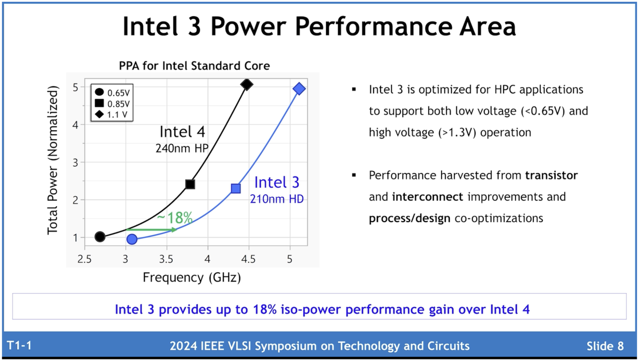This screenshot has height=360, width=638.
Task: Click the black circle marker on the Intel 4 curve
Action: click(100, 237)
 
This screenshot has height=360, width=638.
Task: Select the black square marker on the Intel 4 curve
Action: click(190, 184)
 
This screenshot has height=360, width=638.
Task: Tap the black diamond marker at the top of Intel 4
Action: click(247, 84)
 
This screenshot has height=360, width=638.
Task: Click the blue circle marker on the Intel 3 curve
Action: click(132, 239)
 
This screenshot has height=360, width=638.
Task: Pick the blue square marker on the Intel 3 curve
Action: click(236, 188)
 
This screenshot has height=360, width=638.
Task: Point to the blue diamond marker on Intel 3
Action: click(299, 89)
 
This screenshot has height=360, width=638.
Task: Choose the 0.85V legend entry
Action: click(113, 104)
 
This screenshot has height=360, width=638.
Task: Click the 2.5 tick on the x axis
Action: click(84, 258)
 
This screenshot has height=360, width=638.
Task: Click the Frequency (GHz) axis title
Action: click(191, 278)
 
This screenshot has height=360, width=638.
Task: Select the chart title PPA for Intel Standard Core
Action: click(194, 66)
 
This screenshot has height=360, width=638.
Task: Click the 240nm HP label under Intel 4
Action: click(182, 149)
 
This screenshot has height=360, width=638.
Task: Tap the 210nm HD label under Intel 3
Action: click(276, 199)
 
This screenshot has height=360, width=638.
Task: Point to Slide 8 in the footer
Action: click(605, 346)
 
